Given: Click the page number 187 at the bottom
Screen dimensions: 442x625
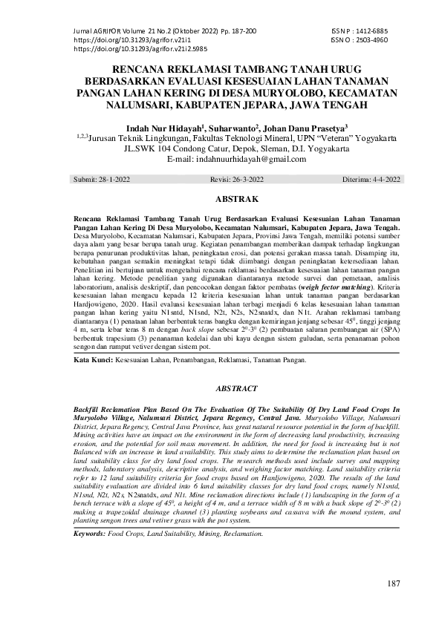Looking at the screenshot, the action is [393, 583].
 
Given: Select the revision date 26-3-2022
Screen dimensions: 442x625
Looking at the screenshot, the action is [241, 180].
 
